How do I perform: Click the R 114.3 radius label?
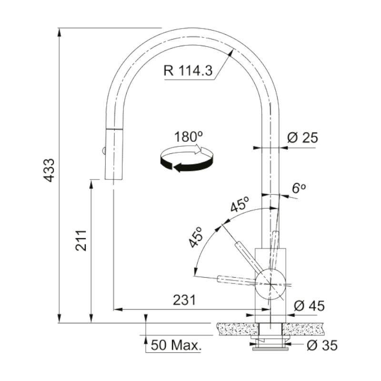188,70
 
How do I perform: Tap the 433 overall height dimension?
49,170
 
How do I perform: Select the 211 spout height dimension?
80,241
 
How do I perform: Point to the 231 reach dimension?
184,300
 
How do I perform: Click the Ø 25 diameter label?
302,138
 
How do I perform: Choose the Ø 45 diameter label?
309,306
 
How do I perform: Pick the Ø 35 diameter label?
322,345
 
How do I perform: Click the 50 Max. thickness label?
176,345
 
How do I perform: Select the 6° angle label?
299,188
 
